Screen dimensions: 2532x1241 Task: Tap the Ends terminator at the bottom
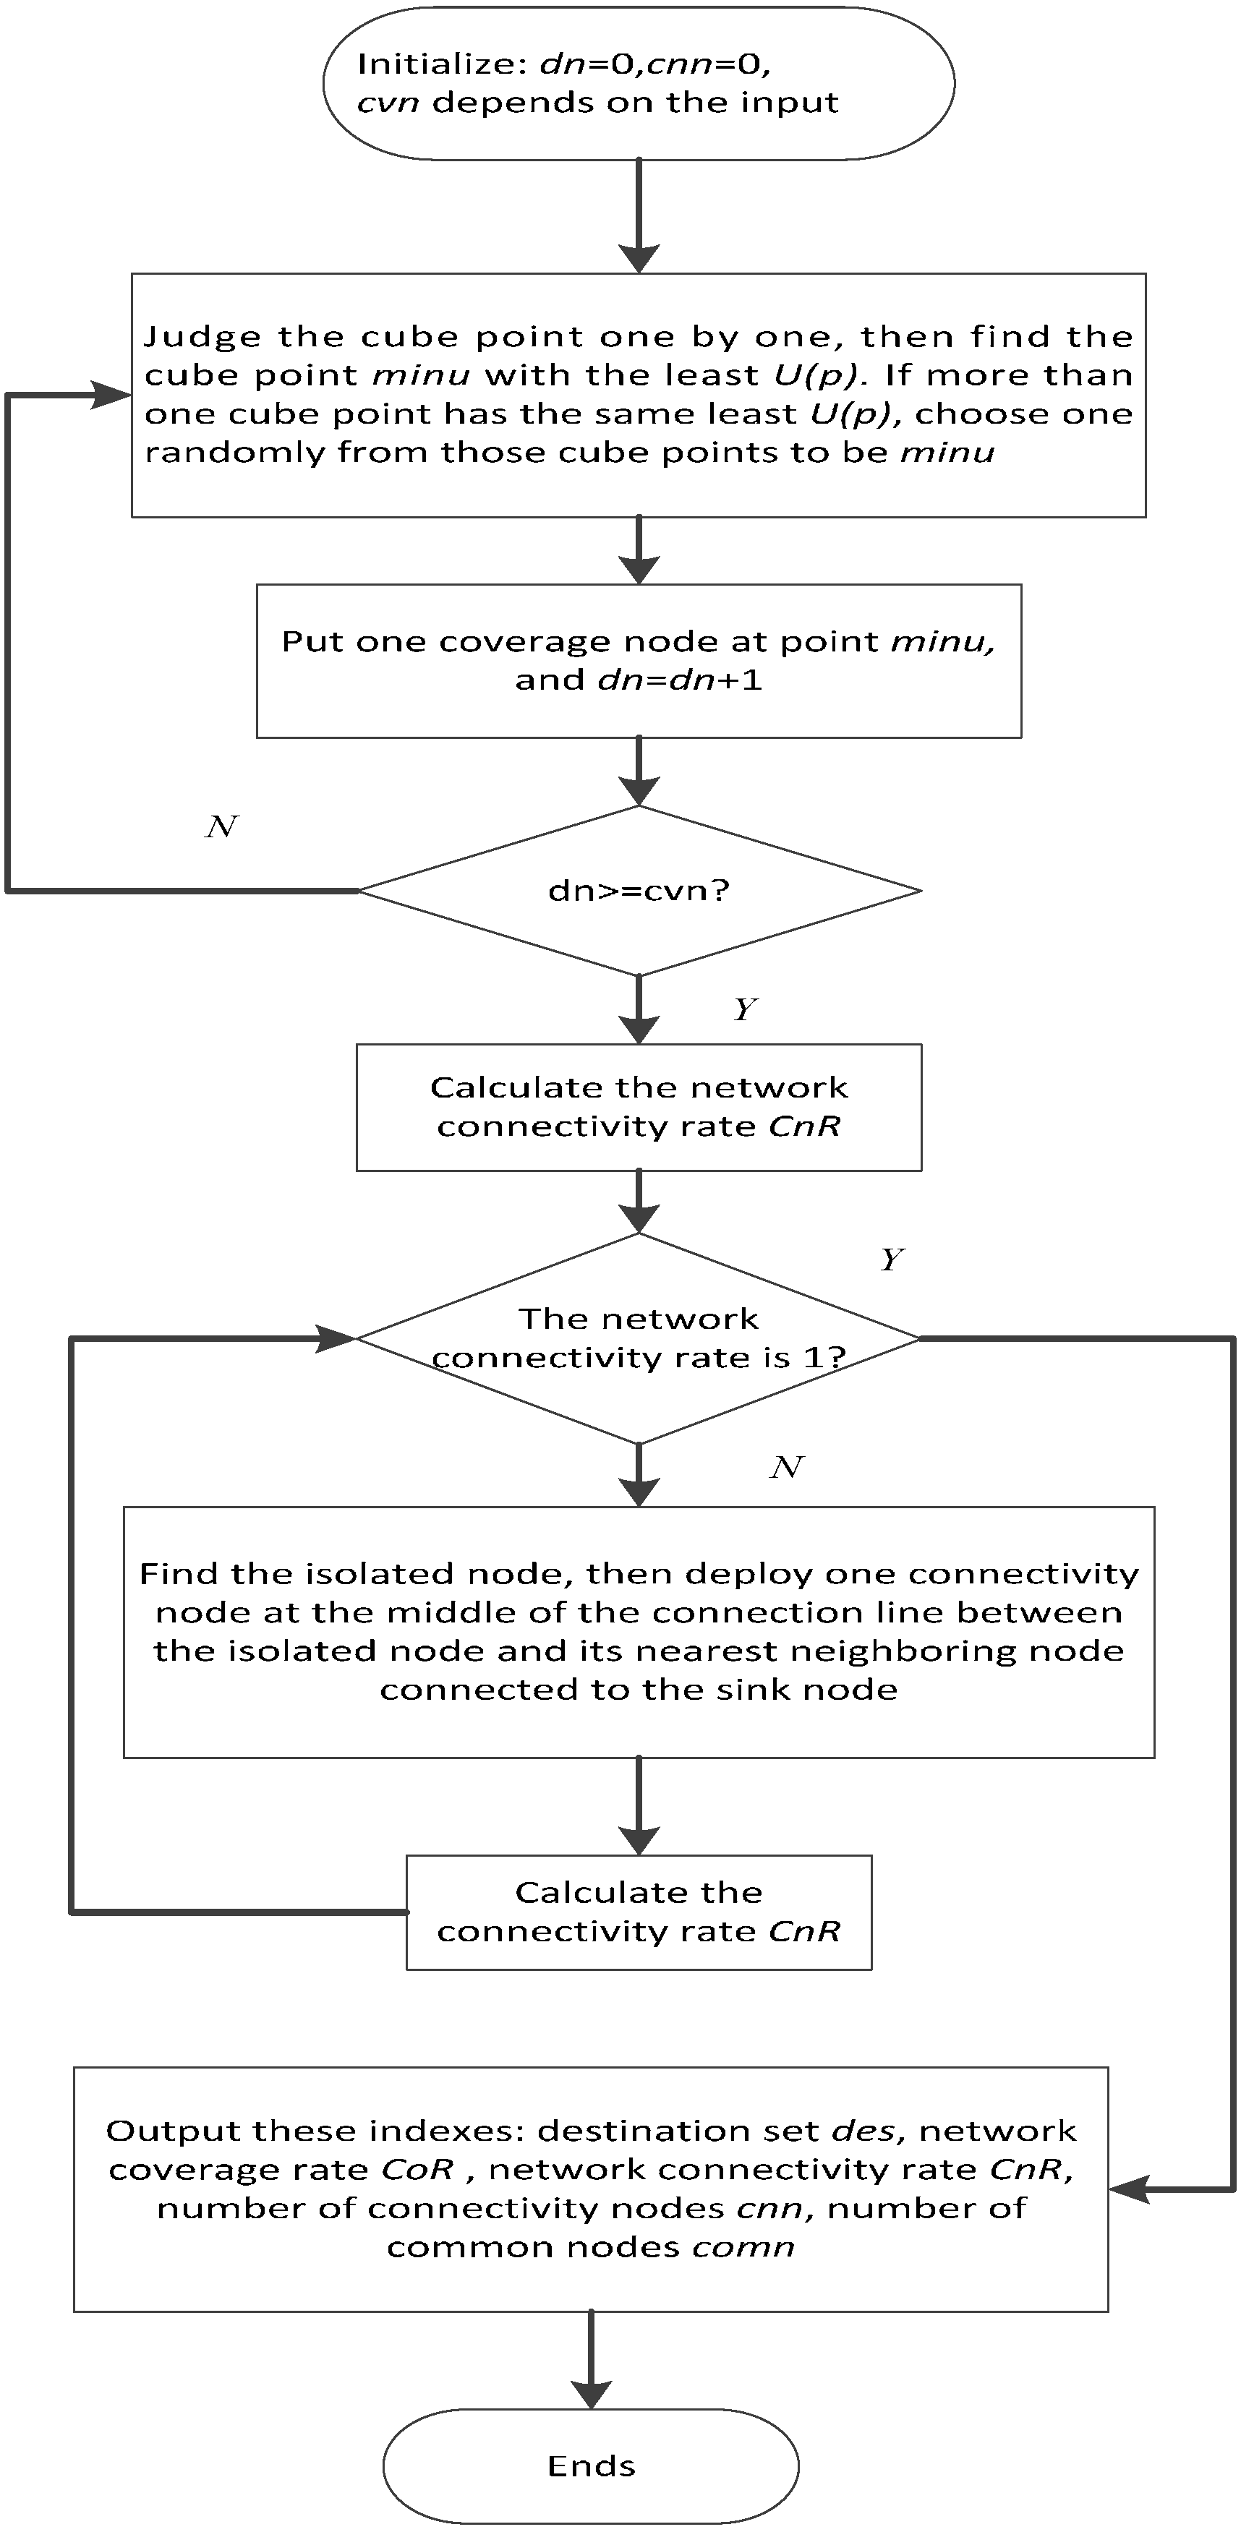pyautogui.click(x=590, y=2466)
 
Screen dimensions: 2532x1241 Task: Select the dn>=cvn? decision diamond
pyautogui.click(x=638, y=891)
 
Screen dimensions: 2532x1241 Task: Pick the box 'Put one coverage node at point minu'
pyautogui.click(x=638, y=661)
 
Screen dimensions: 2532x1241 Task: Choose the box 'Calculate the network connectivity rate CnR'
pyautogui.click(x=638, y=1107)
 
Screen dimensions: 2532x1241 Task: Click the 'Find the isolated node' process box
pyautogui.click(x=638, y=1632)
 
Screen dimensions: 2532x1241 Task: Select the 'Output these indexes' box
pyautogui.click(x=590, y=2189)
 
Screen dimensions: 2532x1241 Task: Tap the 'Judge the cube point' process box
pyautogui.click(x=638, y=395)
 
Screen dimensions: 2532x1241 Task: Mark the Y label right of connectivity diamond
pyautogui.click(x=892, y=1259)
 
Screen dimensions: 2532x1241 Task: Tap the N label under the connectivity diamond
pyautogui.click(x=785, y=1468)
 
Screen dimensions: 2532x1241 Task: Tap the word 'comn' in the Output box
pyautogui.click(x=743, y=2247)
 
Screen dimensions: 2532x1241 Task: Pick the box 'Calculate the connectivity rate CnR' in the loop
pyautogui.click(x=638, y=1912)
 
